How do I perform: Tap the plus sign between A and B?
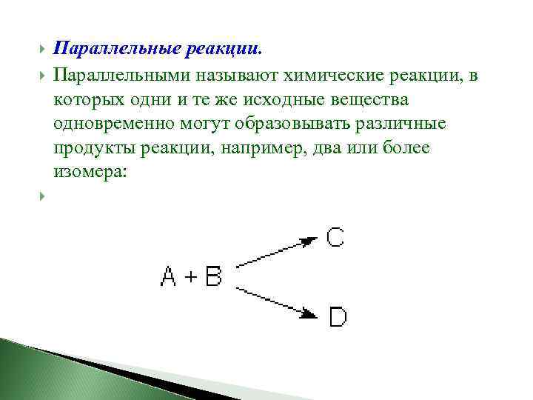tap(190, 277)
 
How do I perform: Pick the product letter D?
tap(338, 318)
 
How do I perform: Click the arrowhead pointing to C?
tap(309, 241)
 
